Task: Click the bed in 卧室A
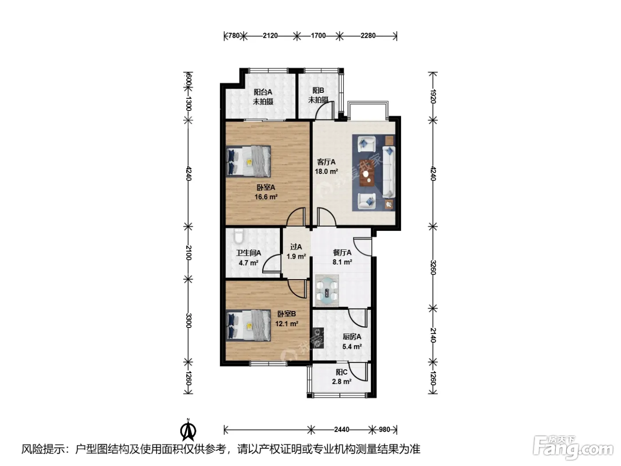click(248, 162)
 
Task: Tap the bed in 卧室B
click(248, 326)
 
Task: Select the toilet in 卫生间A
click(239, 236)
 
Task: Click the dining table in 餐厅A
click(327, 290)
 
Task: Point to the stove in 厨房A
click(318, 338)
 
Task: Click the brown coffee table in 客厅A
click(367, 173)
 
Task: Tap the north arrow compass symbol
click(188, 430)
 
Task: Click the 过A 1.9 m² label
click(296, 252)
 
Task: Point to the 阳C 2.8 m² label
click(342, 377)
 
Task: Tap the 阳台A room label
click(263, 92)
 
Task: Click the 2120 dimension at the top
click(270, 36)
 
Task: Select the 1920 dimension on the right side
click(433, 96)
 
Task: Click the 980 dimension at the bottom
click(385, 430)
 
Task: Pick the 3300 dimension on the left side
click(189, 320)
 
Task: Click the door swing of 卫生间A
click(271, 263)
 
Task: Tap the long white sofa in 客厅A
click(389, 172)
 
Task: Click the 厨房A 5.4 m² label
click(352, 341)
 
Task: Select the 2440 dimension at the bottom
click(342, 430)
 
